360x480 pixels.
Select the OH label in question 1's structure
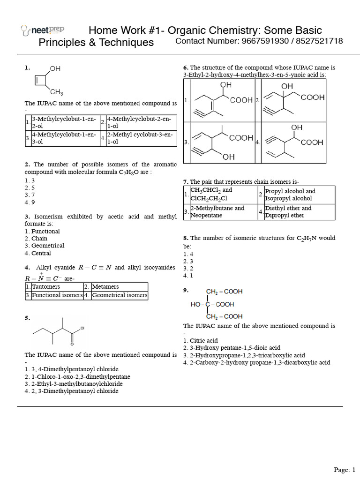click(55, 69)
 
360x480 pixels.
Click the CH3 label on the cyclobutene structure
click(57, 92)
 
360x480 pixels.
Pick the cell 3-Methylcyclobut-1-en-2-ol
click(65, 123)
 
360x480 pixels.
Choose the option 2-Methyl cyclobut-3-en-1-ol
click(140, 138)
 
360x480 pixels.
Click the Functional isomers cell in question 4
click(57, 295)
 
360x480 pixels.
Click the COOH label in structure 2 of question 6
click(313, 98)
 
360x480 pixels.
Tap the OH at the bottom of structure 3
click(229, 157)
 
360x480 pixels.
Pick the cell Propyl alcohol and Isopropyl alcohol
click(291, 195)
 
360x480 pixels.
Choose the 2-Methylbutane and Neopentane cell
click(217, 212)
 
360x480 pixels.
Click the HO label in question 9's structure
click(195, 304)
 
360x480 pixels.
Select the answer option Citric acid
click(202, 341)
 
